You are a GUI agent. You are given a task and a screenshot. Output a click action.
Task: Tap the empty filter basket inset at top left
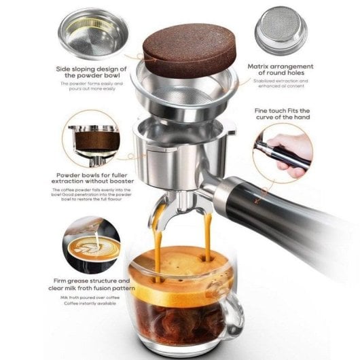(x=91, y=33)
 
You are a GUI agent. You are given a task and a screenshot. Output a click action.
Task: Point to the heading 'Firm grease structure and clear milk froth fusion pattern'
(x=94, y=283)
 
